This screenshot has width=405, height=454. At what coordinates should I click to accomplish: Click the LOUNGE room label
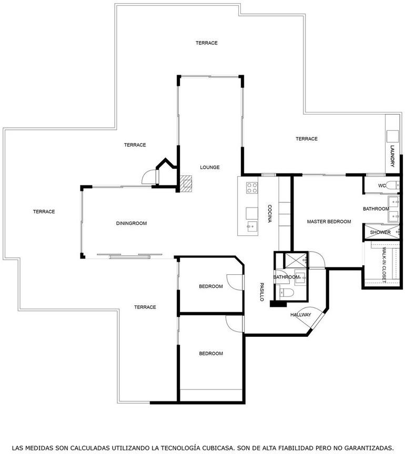[210, 167]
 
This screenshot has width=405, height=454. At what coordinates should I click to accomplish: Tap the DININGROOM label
[131, 223]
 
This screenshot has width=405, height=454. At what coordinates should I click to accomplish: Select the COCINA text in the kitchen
[270, 214]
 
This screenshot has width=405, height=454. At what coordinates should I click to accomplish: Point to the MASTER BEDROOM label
[329, 222]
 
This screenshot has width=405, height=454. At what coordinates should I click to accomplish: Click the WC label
[382, 185]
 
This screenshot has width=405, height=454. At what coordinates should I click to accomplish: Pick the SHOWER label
[380, 232]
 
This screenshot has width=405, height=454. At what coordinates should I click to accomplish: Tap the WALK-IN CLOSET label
[384, 265]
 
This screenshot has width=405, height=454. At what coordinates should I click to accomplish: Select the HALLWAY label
[301, 315]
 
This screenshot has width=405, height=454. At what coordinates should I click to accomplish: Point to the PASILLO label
[262, 292]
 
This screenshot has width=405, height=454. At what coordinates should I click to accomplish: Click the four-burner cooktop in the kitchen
[252, 188]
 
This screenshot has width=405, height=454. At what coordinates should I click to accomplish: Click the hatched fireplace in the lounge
[186, 184]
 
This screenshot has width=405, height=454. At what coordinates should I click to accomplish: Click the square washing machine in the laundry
[392, 136]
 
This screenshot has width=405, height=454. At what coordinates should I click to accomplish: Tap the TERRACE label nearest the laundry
[307, 139]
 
